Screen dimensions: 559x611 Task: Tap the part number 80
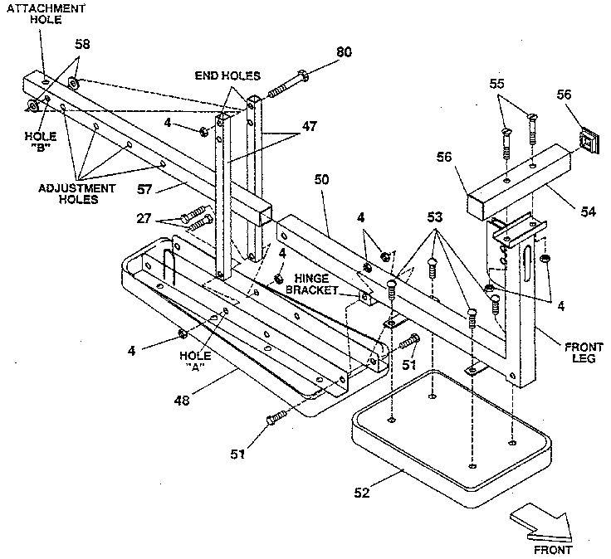343,52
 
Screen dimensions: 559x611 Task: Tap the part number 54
588,212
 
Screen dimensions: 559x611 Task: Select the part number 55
497,85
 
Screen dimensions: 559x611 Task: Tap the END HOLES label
227,75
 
